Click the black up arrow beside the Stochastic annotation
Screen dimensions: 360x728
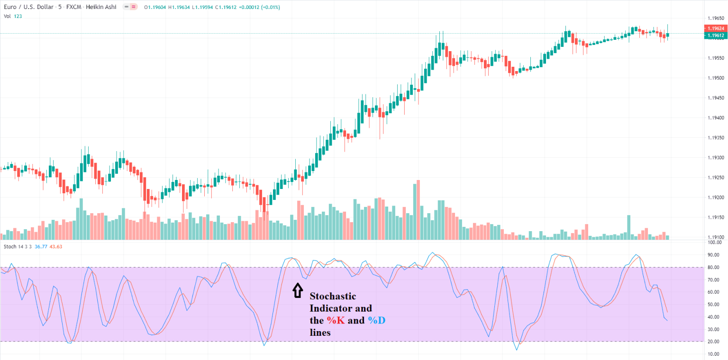[x=297, y=290]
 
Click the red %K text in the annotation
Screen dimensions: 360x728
[x=334, y=321]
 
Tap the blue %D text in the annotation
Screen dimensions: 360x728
[x=376, y=321]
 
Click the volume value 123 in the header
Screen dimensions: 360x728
[x=18, y=16]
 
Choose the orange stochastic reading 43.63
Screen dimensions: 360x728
[x=56, y=247]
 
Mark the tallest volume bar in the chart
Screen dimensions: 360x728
[x=418, y=210]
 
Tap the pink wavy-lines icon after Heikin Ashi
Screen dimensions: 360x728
[x=134, y=7]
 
